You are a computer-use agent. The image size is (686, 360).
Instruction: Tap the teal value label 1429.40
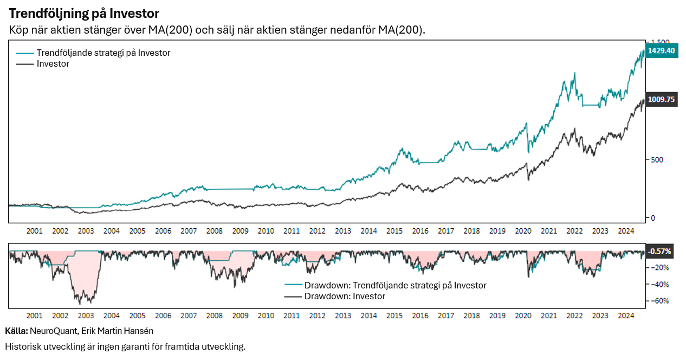pyautogui.click(x=662, y=50)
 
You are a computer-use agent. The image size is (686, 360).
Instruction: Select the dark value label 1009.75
pyautogui.click(x=662, y=100)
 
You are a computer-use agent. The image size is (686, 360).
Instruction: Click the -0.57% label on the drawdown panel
pyautogui.click(x=660, y=251)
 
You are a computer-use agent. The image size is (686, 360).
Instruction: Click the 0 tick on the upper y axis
pyautogui.click(x=653, y=218)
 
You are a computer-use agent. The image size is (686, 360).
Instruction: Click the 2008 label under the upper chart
pyautogui.click(x=215, y=231)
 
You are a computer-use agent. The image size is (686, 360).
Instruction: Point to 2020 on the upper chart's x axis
pyautogui.click(x=523, y=231)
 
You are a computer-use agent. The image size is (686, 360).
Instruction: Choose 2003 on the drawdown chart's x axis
pyautogui.click(x=86, y=316)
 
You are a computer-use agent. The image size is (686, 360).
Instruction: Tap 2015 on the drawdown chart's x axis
pyautogui.click(x=394, y=316)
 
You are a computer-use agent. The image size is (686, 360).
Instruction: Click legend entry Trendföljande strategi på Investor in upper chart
pyautogui.click(x=103, y=53)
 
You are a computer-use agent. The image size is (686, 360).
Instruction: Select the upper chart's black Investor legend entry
pyautogui.click(x=53, y=64)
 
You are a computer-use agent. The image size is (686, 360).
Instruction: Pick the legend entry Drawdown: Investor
pyautogui.click(x=345, y=297)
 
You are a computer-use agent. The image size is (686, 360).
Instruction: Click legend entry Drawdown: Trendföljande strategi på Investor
pyautogui.click(x=395, y=285)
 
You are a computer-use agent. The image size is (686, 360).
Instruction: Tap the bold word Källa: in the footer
pyautogui.click(x=16, y=331)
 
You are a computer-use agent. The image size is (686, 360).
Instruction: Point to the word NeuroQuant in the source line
pyautogui.click(x=53, y=331)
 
